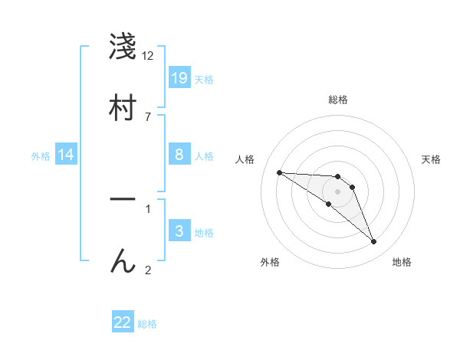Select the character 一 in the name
(123, 199)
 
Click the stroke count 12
(148, 56)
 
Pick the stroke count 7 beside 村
(148, 116)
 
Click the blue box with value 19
(179, 77)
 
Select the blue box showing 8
(179, 154)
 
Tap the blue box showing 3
(179, 231)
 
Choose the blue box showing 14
(66, 155)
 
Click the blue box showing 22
(123, 322)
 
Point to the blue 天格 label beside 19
(204, 79)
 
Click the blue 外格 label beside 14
(41, 155)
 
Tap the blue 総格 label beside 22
(147, 324)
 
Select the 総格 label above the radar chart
(338, 100)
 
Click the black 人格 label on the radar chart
(245, 159)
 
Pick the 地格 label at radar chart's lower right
(402, 262)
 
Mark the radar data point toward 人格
(279, 172)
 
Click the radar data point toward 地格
(373, 242)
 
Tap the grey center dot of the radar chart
(337, 191)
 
